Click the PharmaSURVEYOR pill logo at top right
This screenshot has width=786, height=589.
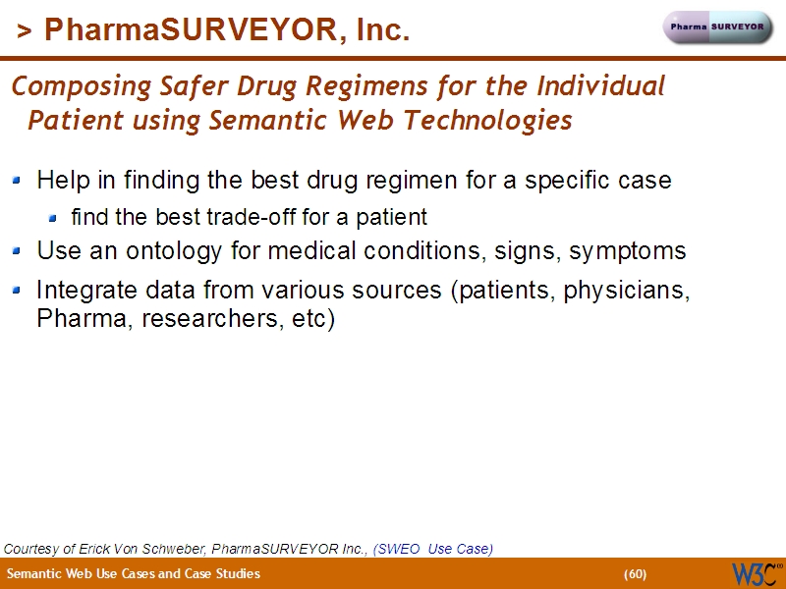[719, 27]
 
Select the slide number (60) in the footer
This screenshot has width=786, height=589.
[635, 574]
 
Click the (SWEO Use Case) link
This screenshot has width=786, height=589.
[432, 549]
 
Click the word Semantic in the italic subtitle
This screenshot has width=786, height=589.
[260, 122]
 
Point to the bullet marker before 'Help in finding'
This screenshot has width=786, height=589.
[18, 181]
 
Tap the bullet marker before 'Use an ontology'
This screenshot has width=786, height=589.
[18, 251]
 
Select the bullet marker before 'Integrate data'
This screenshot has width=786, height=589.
[18, 291]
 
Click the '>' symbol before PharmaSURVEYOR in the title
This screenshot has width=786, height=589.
[24, 31]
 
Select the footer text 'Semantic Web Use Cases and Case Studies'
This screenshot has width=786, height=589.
[134, 574]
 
